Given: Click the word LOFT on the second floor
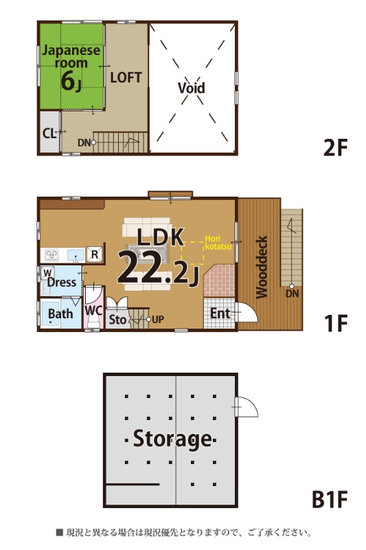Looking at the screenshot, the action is click(x=126, y=77).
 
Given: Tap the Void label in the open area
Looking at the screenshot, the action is click(x=191, y=88).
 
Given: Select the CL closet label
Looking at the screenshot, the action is click(x=49, y=133).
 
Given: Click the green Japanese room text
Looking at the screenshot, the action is click(x=71, y=56).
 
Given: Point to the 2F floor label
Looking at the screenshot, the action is click(x=335, y=148).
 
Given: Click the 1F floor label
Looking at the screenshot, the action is click(x=336, y=323).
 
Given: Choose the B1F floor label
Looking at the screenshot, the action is click(x=330, y=499).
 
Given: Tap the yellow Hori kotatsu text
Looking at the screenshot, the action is click(x=218, y=243).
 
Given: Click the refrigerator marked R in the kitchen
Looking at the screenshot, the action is click(x=95, y=254).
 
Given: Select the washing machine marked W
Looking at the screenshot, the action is click(x=47, y=272).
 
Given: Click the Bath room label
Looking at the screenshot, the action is click(x=60, y=313).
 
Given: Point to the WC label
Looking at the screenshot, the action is click(x=93, y=311).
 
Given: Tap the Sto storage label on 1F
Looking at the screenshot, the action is click(x=117, y=320).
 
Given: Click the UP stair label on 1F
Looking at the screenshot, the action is click(x=158, y=320).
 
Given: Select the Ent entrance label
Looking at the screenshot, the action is click(x=220, y=313).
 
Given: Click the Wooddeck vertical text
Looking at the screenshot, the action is click(x=262, y=267).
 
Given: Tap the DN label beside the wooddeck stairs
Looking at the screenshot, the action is click(x=292, y=294).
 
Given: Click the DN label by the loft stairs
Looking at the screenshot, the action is click(x=84, y=143).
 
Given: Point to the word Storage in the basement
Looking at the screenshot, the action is click(x=172, y=439).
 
